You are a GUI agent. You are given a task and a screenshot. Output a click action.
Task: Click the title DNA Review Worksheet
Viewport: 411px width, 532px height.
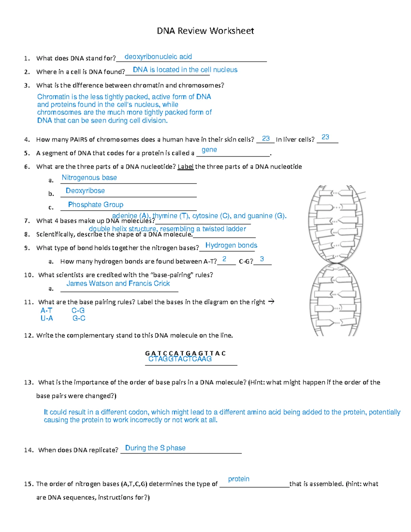[205, 31]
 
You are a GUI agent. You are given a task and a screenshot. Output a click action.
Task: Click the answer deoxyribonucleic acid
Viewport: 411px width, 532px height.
[158, 57]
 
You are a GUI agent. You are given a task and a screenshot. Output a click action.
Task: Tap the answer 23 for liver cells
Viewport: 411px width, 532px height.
[325, 137]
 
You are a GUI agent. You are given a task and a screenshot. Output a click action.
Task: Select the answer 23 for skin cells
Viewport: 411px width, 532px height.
[266, 138]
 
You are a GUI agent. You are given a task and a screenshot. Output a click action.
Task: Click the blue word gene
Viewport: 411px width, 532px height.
[209, 150]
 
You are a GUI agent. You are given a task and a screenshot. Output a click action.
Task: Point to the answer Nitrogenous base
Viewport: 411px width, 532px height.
[89, 177]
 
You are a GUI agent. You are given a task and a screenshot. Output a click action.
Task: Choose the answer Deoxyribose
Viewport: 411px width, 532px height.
[85, 190]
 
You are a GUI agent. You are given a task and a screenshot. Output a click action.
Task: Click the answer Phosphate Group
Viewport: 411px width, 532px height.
[96, 205]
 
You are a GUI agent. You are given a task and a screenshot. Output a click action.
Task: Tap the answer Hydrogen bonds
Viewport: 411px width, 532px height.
[231, 245]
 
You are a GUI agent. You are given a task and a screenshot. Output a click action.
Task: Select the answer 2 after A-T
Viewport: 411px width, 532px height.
[224, 259]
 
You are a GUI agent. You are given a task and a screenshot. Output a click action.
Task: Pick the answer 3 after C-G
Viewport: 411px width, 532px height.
[262, 259]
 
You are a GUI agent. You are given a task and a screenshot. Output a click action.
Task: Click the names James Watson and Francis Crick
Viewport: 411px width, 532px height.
[118, 283]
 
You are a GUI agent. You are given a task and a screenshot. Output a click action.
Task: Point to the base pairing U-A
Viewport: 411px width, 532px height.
[47, 318]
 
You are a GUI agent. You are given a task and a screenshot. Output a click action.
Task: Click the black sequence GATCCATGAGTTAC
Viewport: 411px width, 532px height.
[185, 353]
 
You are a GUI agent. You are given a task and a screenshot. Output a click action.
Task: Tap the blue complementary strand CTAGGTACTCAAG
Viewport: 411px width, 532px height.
[180, 359]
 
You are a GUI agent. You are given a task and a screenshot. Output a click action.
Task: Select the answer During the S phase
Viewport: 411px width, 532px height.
[155, 448]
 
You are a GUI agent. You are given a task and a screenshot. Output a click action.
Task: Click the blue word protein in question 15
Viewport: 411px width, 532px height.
[238, 479]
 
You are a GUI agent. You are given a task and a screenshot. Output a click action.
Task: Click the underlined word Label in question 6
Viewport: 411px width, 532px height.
[186, 167]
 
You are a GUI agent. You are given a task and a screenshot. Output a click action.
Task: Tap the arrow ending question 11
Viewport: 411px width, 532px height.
[271, 302]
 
